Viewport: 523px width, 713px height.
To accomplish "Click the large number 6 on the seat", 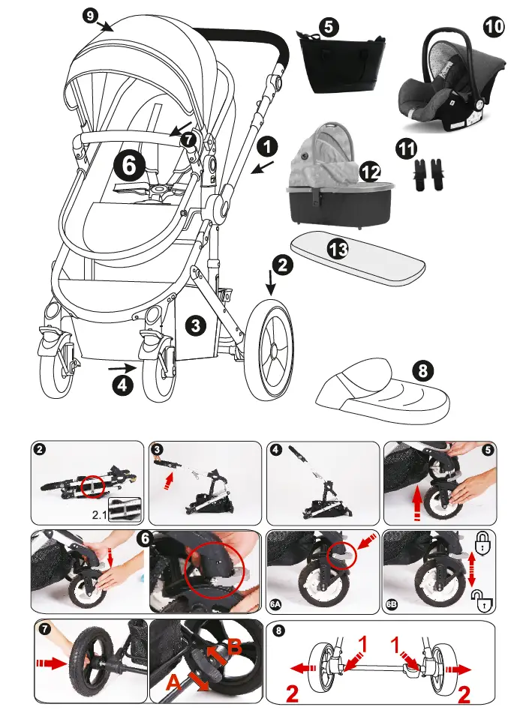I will [129, 164].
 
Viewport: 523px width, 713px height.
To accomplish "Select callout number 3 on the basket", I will [194, 325].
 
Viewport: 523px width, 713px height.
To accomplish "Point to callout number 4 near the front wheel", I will [122, 385].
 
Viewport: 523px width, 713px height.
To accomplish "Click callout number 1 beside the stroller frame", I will [268, 145].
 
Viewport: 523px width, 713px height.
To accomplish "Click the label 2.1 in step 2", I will [100, 514].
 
